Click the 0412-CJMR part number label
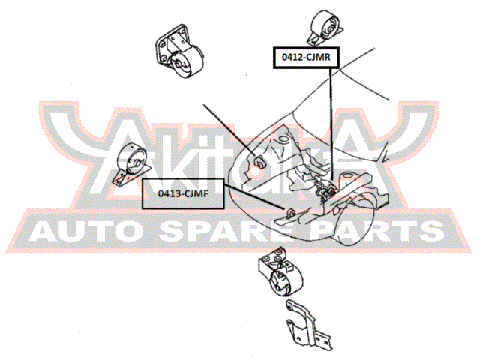tap(306, 57)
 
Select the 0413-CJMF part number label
tap(183, 193)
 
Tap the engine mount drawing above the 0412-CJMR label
tap(325, 27)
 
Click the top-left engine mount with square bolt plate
tap(178, 52)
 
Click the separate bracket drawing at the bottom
tap(307, 324)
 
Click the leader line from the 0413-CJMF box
tap(255, 197)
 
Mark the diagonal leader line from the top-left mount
tap(229, 130)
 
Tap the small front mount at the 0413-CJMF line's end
tap(290, 212)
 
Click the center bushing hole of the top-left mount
tap(178, 64)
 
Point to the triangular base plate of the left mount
tap(131, 177)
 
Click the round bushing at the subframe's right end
tap(346, 177)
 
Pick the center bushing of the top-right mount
tap(330, 29)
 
